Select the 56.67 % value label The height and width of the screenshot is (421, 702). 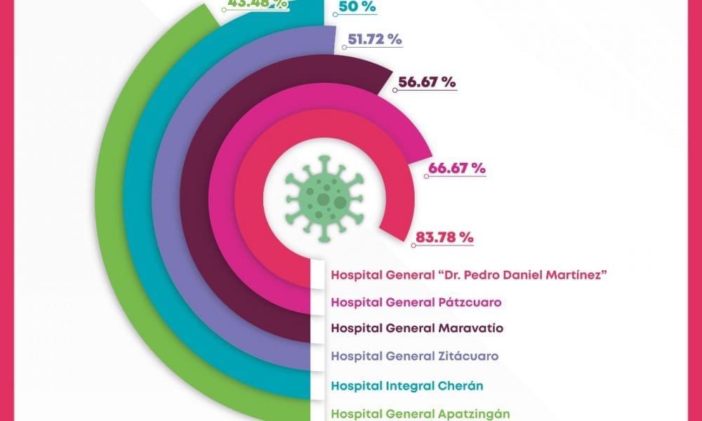point(427,81)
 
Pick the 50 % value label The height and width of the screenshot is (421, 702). point(357,7)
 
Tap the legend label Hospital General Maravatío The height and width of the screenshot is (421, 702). point(417,328)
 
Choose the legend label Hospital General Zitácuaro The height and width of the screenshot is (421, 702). point(414,356)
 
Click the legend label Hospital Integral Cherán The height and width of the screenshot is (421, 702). point(407,385)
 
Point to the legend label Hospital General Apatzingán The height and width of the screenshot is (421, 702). point(420,414)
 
